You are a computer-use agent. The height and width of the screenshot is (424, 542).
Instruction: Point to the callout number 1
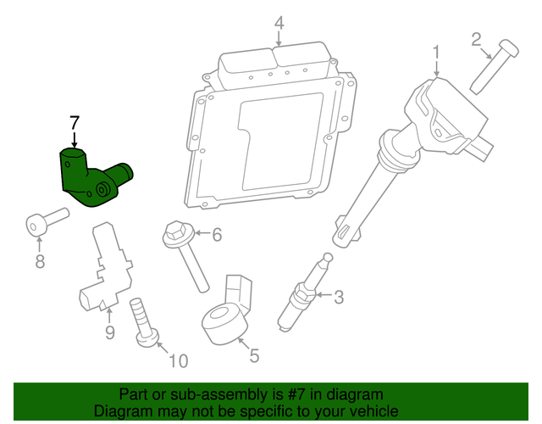(437, 53)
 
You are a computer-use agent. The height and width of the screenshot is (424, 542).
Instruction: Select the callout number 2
(476, 38)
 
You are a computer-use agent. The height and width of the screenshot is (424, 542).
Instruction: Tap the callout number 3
(339, 297)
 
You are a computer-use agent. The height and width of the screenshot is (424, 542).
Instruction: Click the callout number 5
(254, 355)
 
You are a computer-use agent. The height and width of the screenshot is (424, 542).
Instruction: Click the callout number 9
(109, 332)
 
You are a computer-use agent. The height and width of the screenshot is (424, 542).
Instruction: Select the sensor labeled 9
(103, 267)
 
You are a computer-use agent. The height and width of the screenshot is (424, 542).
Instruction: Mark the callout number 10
(177, 362)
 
